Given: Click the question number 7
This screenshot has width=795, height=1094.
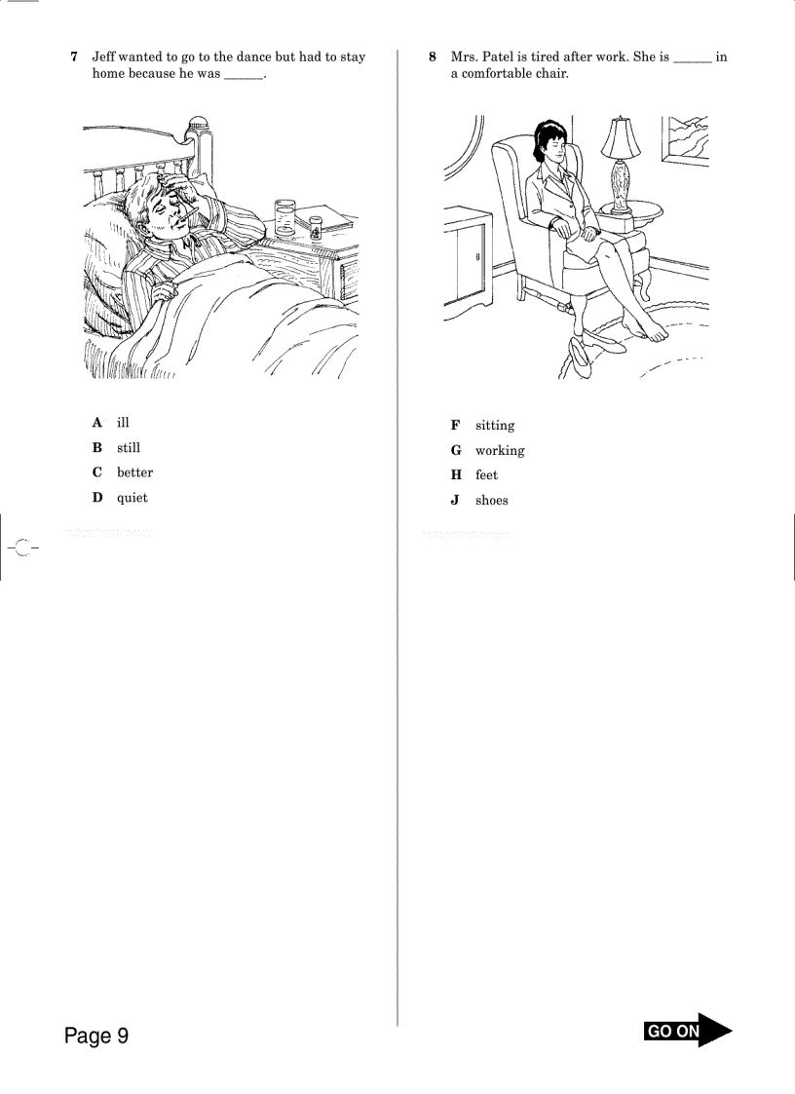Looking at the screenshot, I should (74, 57).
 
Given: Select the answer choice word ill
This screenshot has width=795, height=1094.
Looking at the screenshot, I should (123, 423).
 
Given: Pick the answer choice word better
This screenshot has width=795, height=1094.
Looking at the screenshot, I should (134, 472).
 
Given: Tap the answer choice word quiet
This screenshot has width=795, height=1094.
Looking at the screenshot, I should (132, 498).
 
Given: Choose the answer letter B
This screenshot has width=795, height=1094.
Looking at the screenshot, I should (97, 448).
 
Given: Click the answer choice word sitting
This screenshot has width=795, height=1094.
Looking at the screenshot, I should (495, 426).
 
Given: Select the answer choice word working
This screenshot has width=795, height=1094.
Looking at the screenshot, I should (500, 451).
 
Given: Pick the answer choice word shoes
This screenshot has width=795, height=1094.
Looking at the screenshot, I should (492, 501).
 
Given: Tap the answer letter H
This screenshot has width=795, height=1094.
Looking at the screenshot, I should (455, 475).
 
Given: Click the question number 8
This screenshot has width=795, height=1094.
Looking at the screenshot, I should (433, 57).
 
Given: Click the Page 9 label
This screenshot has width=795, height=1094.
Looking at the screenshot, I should (96, 1036).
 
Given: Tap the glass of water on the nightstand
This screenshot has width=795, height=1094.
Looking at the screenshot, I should (285, 219).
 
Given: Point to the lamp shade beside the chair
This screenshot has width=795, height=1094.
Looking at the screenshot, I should (620, 137).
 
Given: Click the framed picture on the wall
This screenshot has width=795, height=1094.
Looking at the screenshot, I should (686, 140).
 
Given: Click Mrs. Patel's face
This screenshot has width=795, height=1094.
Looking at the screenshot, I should (549, 146).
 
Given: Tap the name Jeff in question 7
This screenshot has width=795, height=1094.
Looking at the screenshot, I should (104, 57).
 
